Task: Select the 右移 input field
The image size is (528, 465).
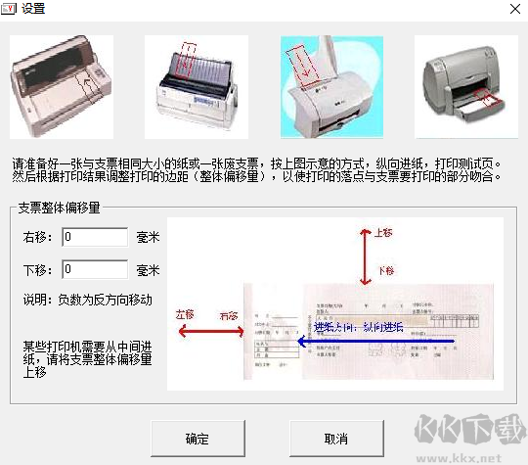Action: click(95, 236)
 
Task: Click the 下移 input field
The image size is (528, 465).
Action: click(95, 269)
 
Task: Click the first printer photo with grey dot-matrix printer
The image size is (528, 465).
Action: click(62, 86)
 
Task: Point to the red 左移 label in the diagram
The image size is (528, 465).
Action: click(186, 315)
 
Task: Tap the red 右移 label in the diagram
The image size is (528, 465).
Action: click(230, 315)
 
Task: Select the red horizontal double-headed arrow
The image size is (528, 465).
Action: click(208, 333)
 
